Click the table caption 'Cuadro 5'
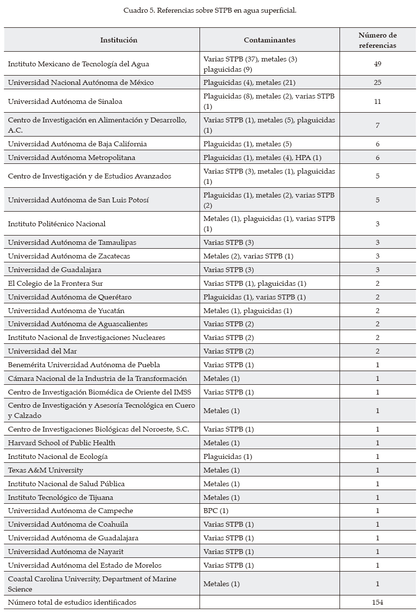[210, 10]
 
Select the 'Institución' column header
[119, 40]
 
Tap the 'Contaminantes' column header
[269, 40]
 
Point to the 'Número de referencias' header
[378, 40]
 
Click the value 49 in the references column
[378, 64]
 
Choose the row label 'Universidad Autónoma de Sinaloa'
[65, 101]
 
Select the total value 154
[378, 602]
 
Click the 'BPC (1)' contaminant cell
[216, 511]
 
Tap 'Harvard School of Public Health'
[61, 443]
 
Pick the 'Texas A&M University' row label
[45, 470]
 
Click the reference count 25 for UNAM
[378, 82]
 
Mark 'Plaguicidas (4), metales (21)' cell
[249, 82]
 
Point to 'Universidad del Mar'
[42, 351]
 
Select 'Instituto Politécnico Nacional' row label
[57, 224]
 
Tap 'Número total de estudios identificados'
[72, 602]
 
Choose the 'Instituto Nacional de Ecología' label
[58, 456]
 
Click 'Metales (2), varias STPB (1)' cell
[248, 256]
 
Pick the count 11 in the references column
[378, 101]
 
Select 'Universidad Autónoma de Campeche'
[70, 511]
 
